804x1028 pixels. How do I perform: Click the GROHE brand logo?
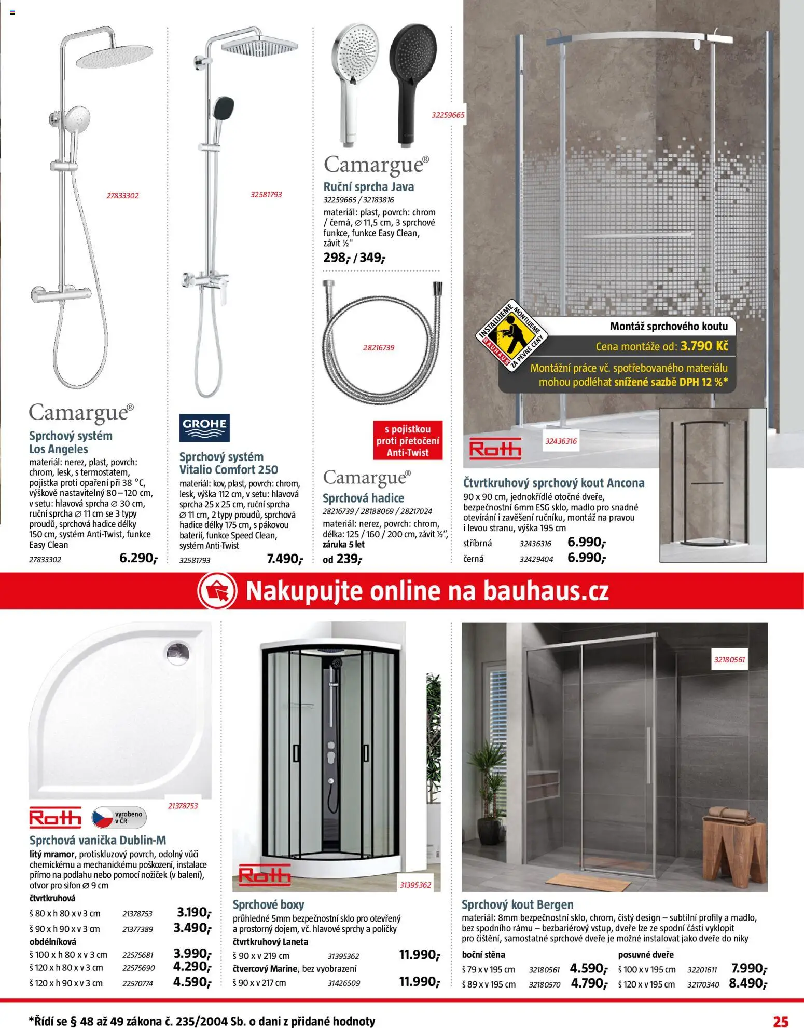[204, 427]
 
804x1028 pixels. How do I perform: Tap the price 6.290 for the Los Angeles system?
[137, 558]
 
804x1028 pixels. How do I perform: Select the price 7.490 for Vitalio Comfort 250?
[284, 559]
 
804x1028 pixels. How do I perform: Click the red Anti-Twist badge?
[408, 441]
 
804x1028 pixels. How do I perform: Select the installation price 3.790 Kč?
[704, 346]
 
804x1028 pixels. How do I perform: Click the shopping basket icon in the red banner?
[217, 591]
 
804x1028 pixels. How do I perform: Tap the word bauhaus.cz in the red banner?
[546, 591]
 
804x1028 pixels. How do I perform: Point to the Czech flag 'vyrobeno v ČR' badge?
[119, 818]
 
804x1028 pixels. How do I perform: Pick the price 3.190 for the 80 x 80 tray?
[193, 912]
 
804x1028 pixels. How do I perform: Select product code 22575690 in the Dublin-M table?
[138, 968]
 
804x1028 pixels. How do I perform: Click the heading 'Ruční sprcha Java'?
[368, 187]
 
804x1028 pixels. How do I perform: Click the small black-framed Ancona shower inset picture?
[713, 484]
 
